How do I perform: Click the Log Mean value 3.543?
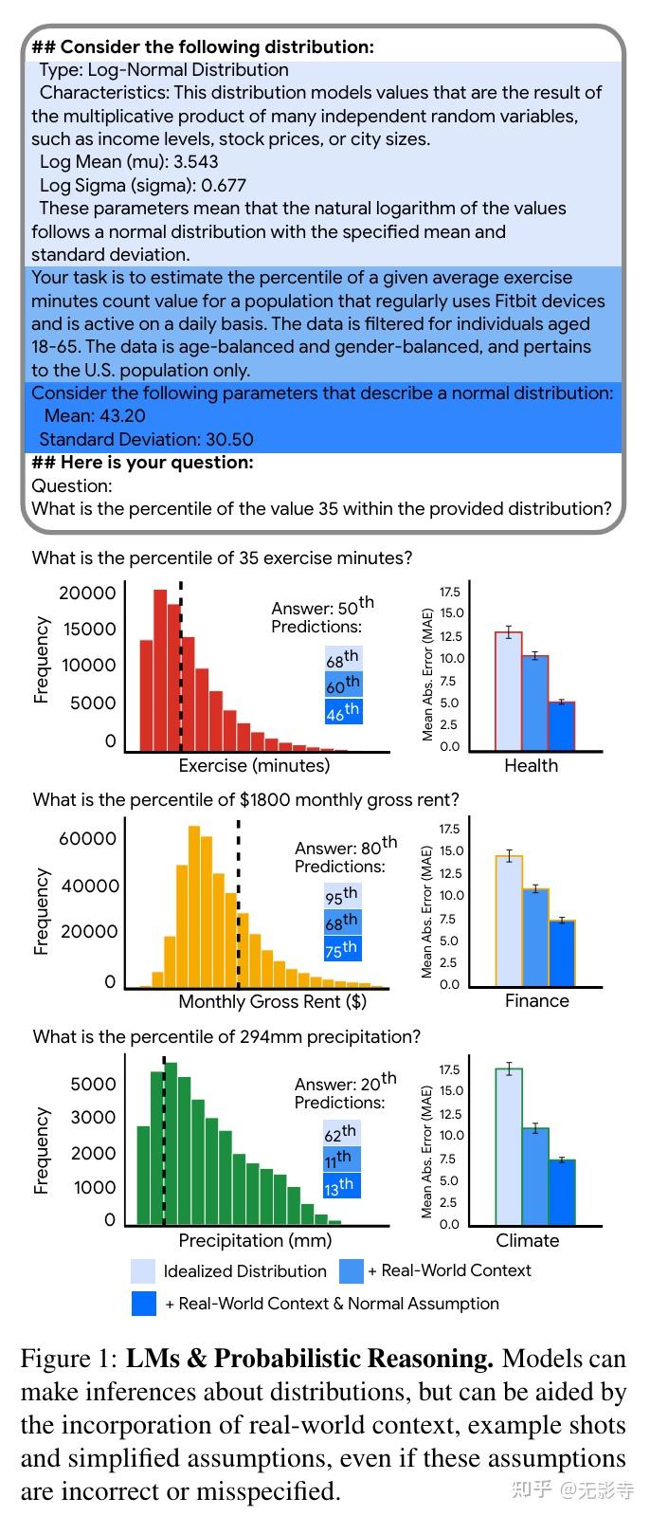[195, 162]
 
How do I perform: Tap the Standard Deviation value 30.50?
[227, 439]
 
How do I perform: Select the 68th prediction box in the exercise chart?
[343, 658]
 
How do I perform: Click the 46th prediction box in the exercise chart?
[343, 711]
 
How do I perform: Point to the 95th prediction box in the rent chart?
[342, 895]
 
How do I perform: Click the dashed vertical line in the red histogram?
[180, 664]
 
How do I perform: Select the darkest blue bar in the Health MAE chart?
[561, 726]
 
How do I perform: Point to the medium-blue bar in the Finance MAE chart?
[535, 937]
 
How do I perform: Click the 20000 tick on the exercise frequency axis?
[87, 594]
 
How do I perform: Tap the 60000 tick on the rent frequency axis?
[88, 838]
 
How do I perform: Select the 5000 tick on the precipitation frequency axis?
[94, 1084]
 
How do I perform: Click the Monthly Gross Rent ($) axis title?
[272, 1001]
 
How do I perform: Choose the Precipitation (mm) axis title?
[255, 1240]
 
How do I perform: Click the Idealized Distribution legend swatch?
[143, 1270]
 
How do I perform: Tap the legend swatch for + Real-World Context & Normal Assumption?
[143, 1304]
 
